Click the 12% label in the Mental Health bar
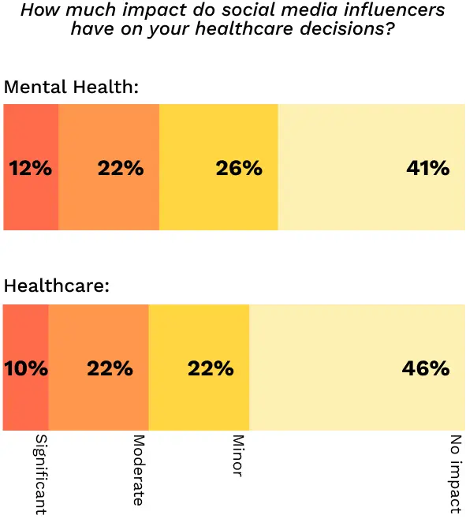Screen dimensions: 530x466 pos(30,168)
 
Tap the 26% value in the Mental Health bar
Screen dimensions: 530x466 pos(238,168)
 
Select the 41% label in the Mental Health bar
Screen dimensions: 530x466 pos(427,168)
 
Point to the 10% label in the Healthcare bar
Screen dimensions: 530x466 pos(26,368)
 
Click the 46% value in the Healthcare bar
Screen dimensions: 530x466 pos(426,368)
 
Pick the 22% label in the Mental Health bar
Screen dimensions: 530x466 pos(121,168)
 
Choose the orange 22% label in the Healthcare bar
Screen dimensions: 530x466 pos(110,368)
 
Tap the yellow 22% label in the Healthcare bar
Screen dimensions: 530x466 pos(211,368)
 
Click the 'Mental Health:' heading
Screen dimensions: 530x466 pos(72,88)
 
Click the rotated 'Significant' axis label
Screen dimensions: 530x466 pos(39,473)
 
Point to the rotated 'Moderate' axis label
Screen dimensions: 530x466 pos(139,469)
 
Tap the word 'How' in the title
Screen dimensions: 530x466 pos(37,11)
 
